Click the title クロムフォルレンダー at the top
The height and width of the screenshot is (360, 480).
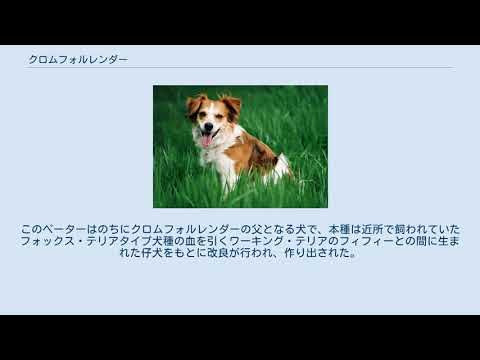click(x=78, y=60)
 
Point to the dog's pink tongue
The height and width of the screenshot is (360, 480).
click(x=206, y=140)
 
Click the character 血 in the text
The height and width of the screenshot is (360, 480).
click(x=214, y=241)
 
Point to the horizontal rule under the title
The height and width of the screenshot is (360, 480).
click(x=240, y=68)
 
